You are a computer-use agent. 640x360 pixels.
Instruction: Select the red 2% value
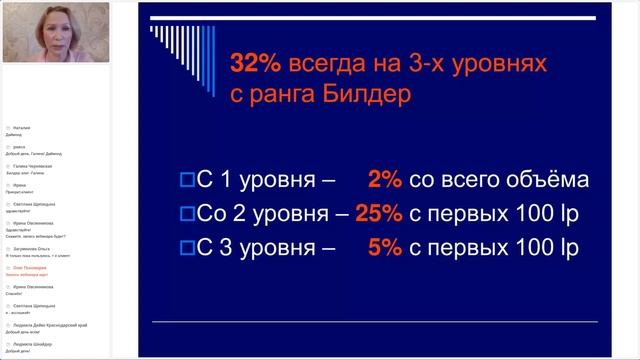tap(385, 180)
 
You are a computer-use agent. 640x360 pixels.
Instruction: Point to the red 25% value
tap(380, 213)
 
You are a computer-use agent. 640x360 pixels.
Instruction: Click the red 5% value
tap(385, 246)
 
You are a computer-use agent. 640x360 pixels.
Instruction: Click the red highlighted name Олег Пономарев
tap(37, 268)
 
